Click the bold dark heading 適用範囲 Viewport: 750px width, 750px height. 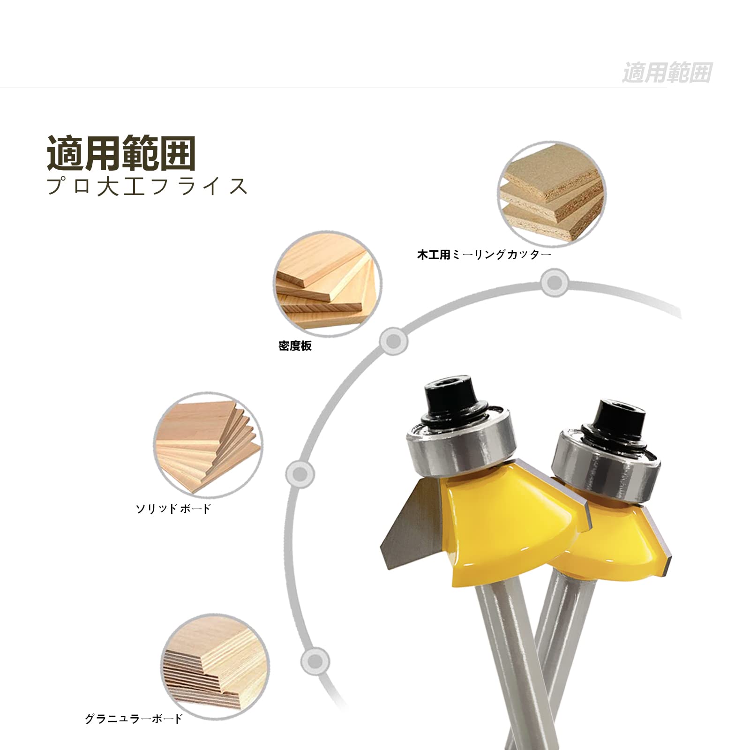pos(121,153)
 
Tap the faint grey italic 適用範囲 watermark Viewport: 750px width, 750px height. pos(667,73)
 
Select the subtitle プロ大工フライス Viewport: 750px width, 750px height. pos(147,186)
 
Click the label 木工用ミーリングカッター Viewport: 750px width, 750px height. pos(484,255)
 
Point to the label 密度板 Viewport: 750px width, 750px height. pos(295,346)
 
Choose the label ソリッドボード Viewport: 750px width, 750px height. pos(173,509)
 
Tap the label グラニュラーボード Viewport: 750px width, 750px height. pos(133,719)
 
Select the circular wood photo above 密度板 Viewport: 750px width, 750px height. pos(327,283)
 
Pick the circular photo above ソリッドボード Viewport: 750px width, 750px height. pos(208,446)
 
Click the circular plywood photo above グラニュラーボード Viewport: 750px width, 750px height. pos(216,667)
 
